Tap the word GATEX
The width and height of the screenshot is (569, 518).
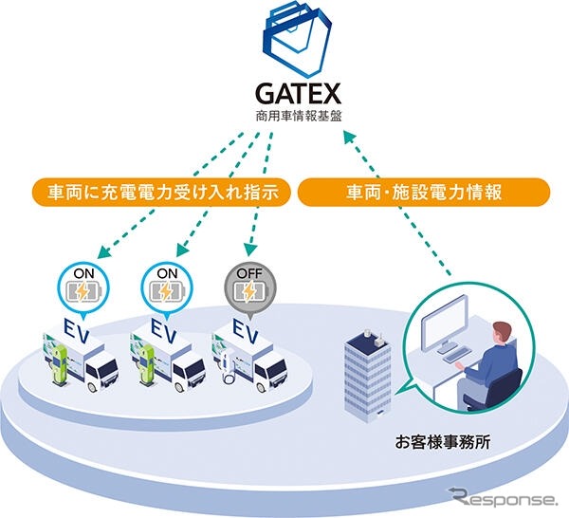pos(299,94)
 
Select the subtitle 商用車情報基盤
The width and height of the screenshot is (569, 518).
pos(299,116)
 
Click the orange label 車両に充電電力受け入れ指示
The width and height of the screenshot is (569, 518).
pos(162,192)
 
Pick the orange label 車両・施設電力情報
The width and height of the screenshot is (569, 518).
pos(424,192)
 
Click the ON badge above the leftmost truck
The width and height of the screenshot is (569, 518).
pos(83,287)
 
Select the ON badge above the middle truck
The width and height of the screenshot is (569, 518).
pos(167,287)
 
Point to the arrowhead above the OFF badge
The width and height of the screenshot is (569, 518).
pos(250,250)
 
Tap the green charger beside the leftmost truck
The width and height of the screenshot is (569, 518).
pos(59,364)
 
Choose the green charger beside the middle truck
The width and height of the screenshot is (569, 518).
pos(147,364)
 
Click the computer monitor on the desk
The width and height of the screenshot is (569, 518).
pos(445,324)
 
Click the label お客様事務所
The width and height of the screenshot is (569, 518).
pos(443,443)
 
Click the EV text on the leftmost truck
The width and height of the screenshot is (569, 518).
pos(76,329)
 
